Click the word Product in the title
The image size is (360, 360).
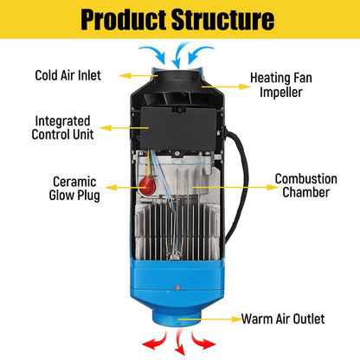point(117,19)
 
